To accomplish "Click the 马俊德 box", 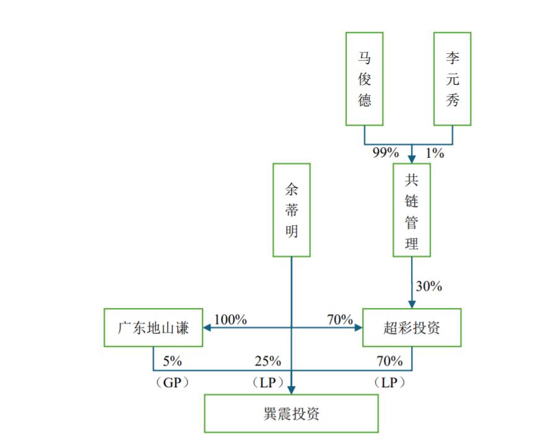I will click(x=364, y=79).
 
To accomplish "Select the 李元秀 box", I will click(x=452, y=79).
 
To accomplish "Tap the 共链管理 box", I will click(x=412, y=210).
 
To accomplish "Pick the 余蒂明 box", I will click(x=292, y=210).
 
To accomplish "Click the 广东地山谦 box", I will click(x=154, y=328).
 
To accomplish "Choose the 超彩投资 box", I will click(x=412, y=328).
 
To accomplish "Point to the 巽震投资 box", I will click(x=291, y=413).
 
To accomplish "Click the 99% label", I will click(x=385, y=153).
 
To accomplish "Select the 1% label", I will click(x=435, y=153).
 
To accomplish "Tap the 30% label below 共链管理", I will click(x=429, y=286).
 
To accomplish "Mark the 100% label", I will click(x=230, y=320).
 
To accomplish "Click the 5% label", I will click(x=173, y=361).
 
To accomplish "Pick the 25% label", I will click(x=268, y=361).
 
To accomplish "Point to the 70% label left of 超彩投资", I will click(x=340, y=320).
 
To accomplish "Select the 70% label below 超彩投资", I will click(x=389, y=361).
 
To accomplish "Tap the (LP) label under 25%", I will click(x=268, y=383).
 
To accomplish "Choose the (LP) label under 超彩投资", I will click(x=389, y=383).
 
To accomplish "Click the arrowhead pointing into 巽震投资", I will click(x=292, y=390).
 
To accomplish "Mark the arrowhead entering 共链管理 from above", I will click(x=412, y=158).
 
